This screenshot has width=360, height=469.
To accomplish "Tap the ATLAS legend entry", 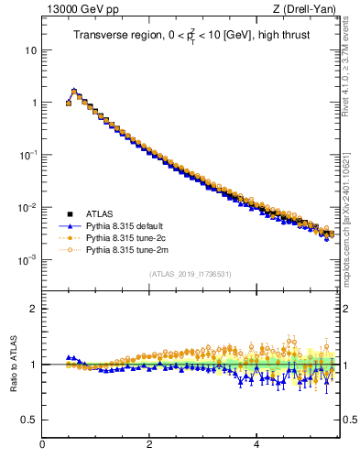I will tap(101, 214).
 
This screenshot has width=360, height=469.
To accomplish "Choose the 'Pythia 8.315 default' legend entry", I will tap(129, 225).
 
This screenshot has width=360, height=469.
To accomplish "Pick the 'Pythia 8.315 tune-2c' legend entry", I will tap(129, 237).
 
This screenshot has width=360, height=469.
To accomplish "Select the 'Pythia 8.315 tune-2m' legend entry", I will tap(129, 249).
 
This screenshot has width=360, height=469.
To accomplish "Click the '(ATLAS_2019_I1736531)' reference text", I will tap(190, 273).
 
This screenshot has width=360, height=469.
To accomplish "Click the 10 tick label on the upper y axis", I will tap(30, 50).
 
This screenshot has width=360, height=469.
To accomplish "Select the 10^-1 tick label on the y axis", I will tap(27, 155).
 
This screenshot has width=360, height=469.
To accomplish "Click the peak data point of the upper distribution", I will tap(74, 91).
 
